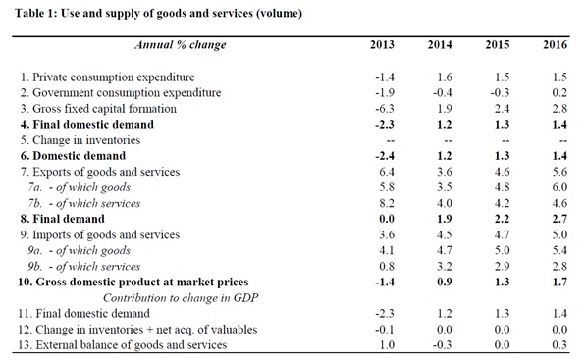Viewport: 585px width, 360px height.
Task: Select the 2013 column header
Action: click(382, 45)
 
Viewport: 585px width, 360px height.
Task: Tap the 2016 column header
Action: click(556, 45)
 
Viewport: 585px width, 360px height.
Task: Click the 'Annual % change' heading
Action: click(181, 45)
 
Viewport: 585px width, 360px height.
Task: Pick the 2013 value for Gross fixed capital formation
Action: click(385, 109)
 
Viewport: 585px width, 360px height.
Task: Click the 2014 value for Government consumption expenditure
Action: click(443, 93)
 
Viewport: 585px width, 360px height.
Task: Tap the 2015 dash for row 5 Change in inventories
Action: click(505, 141)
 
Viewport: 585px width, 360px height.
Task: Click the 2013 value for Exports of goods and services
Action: click(387, 172)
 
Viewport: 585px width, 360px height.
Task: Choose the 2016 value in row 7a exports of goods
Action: click(559, 187)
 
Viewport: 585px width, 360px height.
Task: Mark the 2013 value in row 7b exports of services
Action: click(387, 203)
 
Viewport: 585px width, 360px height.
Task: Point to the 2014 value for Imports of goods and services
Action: click(445, 235)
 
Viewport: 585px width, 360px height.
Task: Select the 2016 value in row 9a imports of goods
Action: click(559, 250)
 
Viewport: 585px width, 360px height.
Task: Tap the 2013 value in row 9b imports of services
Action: click(387, 267)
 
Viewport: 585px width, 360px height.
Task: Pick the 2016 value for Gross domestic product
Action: click(559, 283)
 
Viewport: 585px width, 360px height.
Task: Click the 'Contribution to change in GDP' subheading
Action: click(181, 298)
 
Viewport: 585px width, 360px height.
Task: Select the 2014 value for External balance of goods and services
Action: click(443, 345)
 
